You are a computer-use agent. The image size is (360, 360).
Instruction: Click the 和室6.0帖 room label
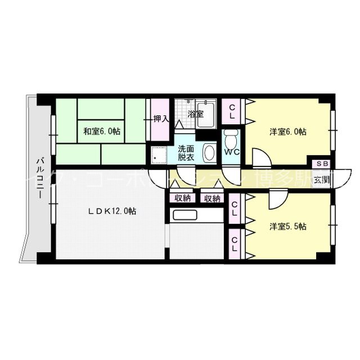[x=102, y=132]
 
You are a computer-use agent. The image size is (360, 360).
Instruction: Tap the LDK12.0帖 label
[x=112, y=211]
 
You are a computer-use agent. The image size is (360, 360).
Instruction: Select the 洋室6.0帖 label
[x=287, y=132]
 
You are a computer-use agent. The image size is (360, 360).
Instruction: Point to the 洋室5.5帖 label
[x=287, y=227]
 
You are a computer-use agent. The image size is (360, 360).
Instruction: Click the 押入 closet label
[x=161, y=119]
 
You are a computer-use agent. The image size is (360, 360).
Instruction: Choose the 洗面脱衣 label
[x=186, y=153]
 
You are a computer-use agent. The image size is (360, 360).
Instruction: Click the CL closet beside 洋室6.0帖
[x=233, y=112]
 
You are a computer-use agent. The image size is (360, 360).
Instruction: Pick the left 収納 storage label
[x=182, y=198]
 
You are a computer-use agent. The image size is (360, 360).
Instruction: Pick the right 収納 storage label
[x=212, y=198]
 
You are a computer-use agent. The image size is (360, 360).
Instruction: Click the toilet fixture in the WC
[x=231, y=137]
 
